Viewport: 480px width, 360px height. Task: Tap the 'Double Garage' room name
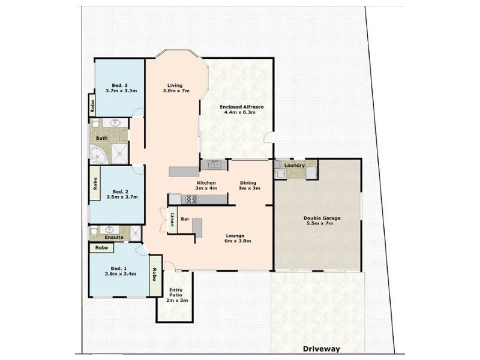coord(322,218)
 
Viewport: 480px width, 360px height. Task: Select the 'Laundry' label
coord(295,165)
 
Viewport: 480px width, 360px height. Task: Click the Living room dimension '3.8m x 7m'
coord(176,91)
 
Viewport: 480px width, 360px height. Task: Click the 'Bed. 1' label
coord(118,268)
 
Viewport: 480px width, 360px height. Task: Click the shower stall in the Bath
coord(121,153)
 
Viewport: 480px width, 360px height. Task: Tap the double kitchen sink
coord(213,164)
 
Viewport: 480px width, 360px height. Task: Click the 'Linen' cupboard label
coord(172,220)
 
